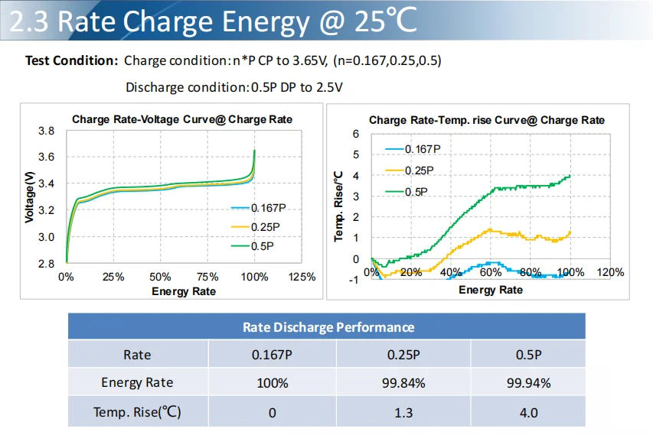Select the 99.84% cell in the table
point(403,383)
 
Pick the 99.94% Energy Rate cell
point(528,383)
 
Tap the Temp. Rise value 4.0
point(528,412)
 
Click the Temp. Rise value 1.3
point(403,412)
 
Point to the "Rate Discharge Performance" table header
point(328,327)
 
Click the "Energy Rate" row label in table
point(137,383)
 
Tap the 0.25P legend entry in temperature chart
point(419,170)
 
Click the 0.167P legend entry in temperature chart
point(422,149)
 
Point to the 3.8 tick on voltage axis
point(46,131)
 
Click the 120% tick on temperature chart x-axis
point(609,272)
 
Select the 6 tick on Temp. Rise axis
point(355,134)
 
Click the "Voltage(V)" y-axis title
point(30,196)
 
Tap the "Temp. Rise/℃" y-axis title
point(339,206)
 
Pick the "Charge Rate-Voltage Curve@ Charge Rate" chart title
point(182,120)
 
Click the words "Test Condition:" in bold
point(71,60)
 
